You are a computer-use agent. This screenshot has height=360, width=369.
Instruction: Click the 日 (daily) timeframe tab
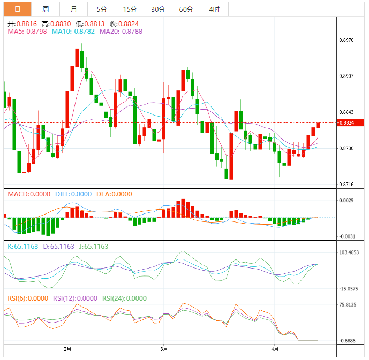coord(17,9)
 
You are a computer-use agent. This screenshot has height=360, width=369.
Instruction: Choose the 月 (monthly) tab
coord(73,9)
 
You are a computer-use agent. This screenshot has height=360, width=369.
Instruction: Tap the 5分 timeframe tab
coord(102,9)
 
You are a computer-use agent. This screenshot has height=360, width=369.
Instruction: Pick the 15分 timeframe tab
coord(130,9)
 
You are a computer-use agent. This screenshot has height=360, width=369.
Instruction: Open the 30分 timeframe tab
coord(158,9)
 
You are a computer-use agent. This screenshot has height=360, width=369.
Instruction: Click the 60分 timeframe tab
coord(186,9)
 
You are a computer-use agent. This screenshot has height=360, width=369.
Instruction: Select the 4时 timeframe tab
coord(214,9)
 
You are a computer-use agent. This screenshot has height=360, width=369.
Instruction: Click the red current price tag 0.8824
coord(351,123)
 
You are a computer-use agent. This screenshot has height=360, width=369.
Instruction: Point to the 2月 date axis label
coord(67,349)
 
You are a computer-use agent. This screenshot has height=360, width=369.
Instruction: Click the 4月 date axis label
coord(275,349)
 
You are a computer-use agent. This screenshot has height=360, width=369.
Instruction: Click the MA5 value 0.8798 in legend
coord(35,32)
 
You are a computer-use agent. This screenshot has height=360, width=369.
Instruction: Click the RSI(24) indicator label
coord(114,298)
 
